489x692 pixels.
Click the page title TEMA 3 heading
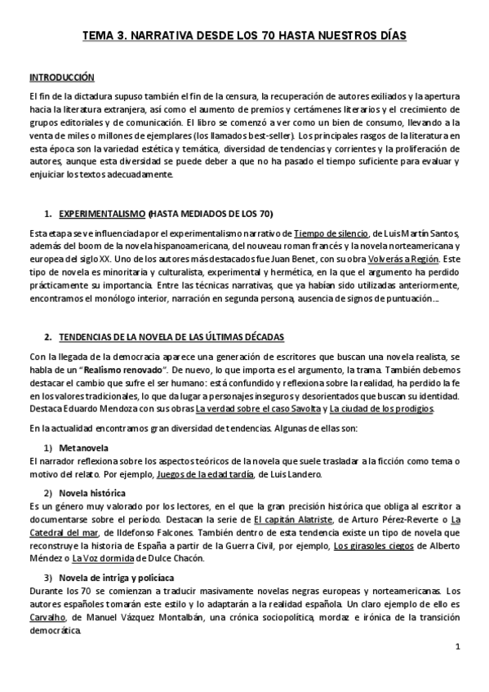coord(244,36)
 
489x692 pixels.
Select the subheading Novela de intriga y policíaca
coord(114,579)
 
